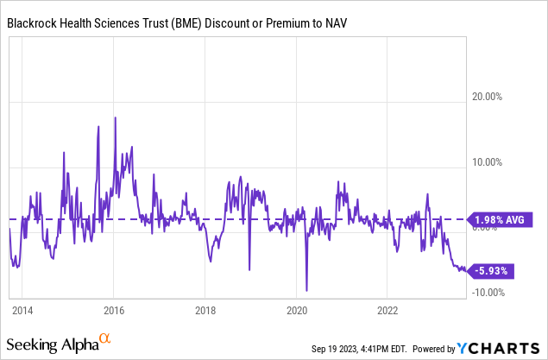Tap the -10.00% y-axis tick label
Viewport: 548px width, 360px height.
tap(489, 292)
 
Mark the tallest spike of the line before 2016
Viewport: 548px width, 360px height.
tap(98, 127)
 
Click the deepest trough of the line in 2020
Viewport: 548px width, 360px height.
tap(306, 290)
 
